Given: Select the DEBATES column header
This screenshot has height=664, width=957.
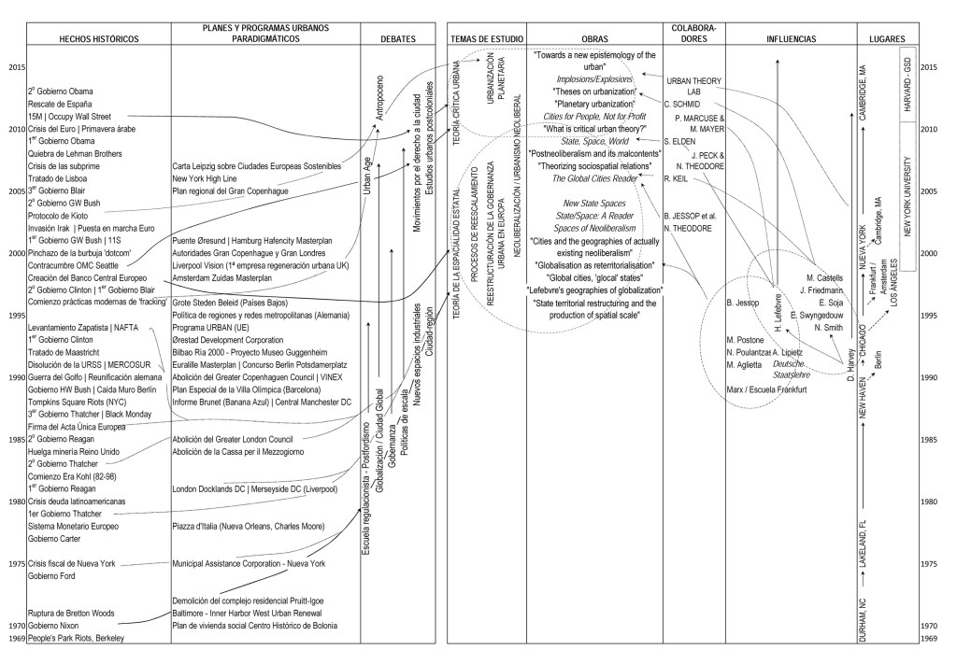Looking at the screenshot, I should tap(393, 39).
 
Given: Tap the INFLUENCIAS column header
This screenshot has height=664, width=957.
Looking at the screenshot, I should tap(791, 39).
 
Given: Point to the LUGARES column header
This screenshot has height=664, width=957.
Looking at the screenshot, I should tap(885, 39).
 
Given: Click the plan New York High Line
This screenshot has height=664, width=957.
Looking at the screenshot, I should tap(213, 177).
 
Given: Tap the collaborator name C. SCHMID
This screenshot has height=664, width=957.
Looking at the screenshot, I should tap(683, 104).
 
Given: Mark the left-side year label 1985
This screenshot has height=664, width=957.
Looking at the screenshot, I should tap(15, 439).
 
